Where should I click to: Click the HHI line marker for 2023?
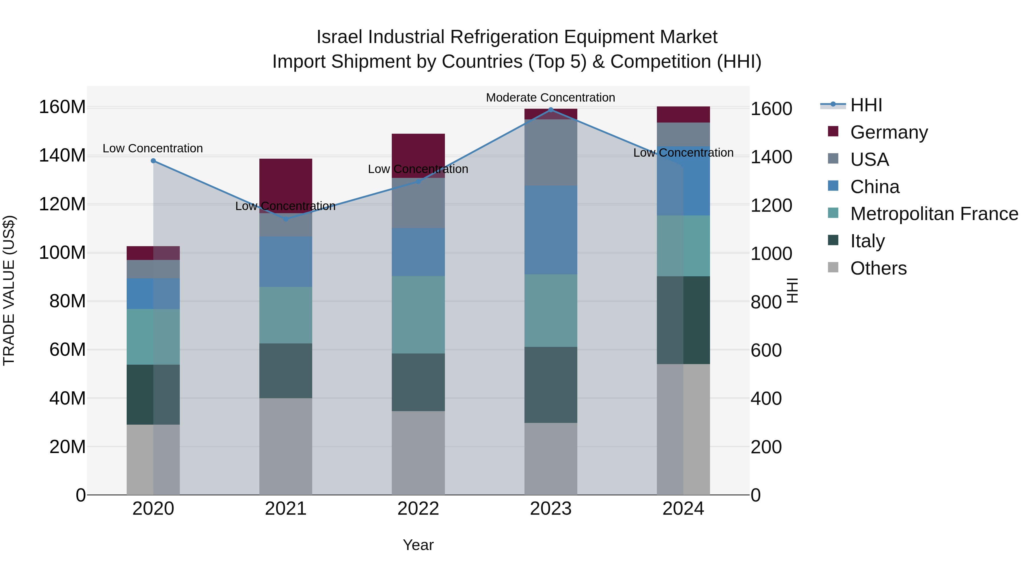[551, 110]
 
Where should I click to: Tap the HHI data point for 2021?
[286, 219]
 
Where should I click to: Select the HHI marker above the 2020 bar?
[153, 161]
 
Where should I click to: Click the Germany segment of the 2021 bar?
[286, 180]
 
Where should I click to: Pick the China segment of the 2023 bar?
[551, 230]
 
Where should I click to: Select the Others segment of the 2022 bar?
[418, 453]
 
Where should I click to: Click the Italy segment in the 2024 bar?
[683, 320]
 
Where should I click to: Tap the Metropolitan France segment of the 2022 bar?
[418, 314]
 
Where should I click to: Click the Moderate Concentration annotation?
[550, 98]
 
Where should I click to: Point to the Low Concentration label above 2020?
[153, 148]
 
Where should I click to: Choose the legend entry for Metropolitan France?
[934, 214]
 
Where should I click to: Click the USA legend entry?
[869, 160]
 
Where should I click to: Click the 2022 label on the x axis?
[418, 509]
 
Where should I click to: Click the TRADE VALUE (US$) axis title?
[9, 290]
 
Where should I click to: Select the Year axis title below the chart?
[418, 545]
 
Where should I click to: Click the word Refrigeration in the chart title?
[504, 37]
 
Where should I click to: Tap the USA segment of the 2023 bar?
[551, 152]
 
